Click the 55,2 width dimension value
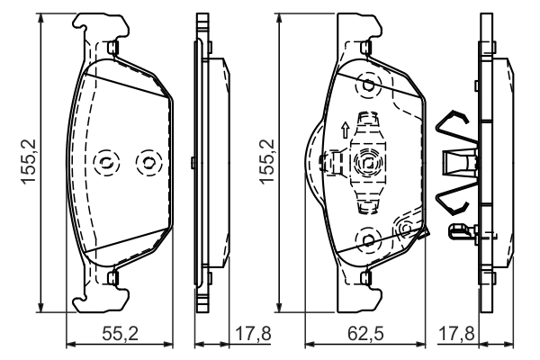(121, 334)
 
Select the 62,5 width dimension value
(366, 334)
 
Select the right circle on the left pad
(144, 162)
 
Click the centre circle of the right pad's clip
(367, 163)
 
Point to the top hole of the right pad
(367, 85)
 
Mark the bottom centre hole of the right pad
(367, 238)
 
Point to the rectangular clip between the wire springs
(454, 163)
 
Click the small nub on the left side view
(194, 163)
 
